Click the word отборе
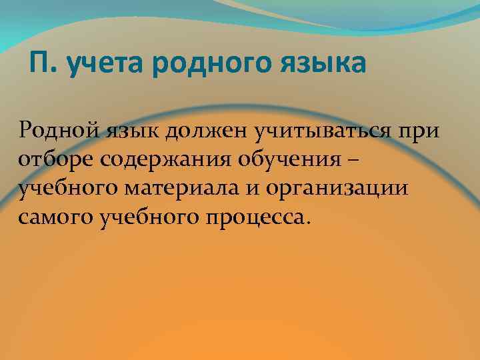(x=53, y=159)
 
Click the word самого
(x=56, y=218)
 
